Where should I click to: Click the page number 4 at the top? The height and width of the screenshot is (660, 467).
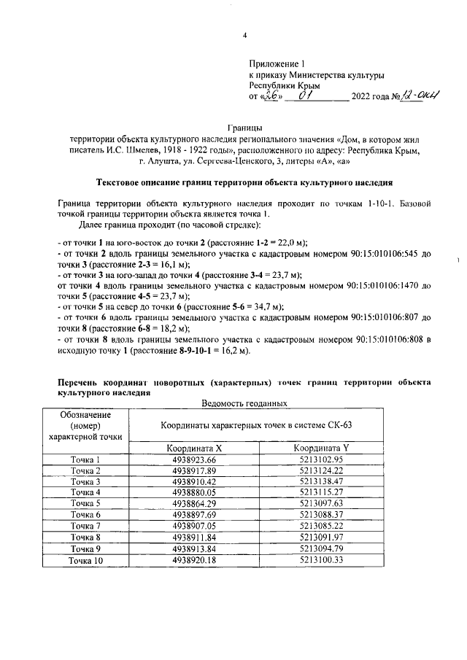pyautogui.click(x=244, y=36)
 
